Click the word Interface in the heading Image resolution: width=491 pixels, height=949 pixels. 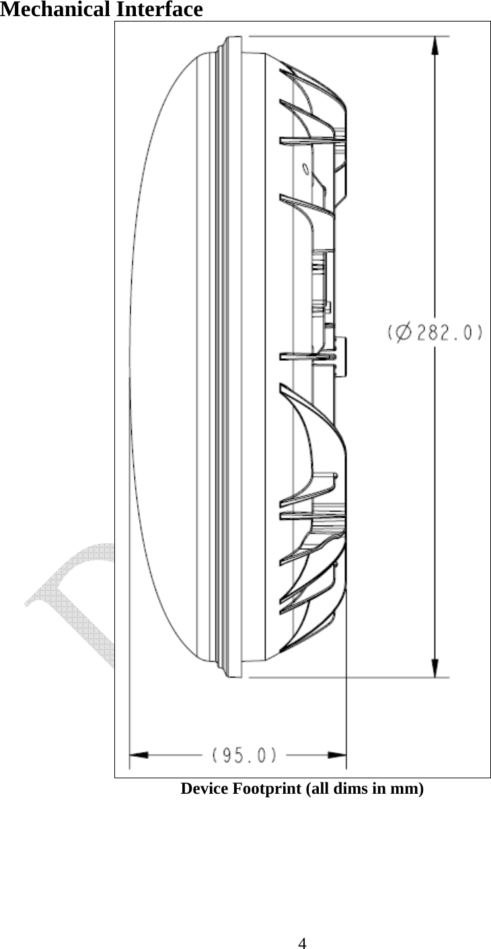(x=159, y=10)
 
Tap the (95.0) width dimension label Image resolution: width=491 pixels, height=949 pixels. (x=244, y=755)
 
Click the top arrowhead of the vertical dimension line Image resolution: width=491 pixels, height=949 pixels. (x=436, y=46)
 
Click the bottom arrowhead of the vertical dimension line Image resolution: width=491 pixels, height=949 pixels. (x=436, y=668)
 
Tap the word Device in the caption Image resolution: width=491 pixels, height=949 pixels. (x=204, y=788)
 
